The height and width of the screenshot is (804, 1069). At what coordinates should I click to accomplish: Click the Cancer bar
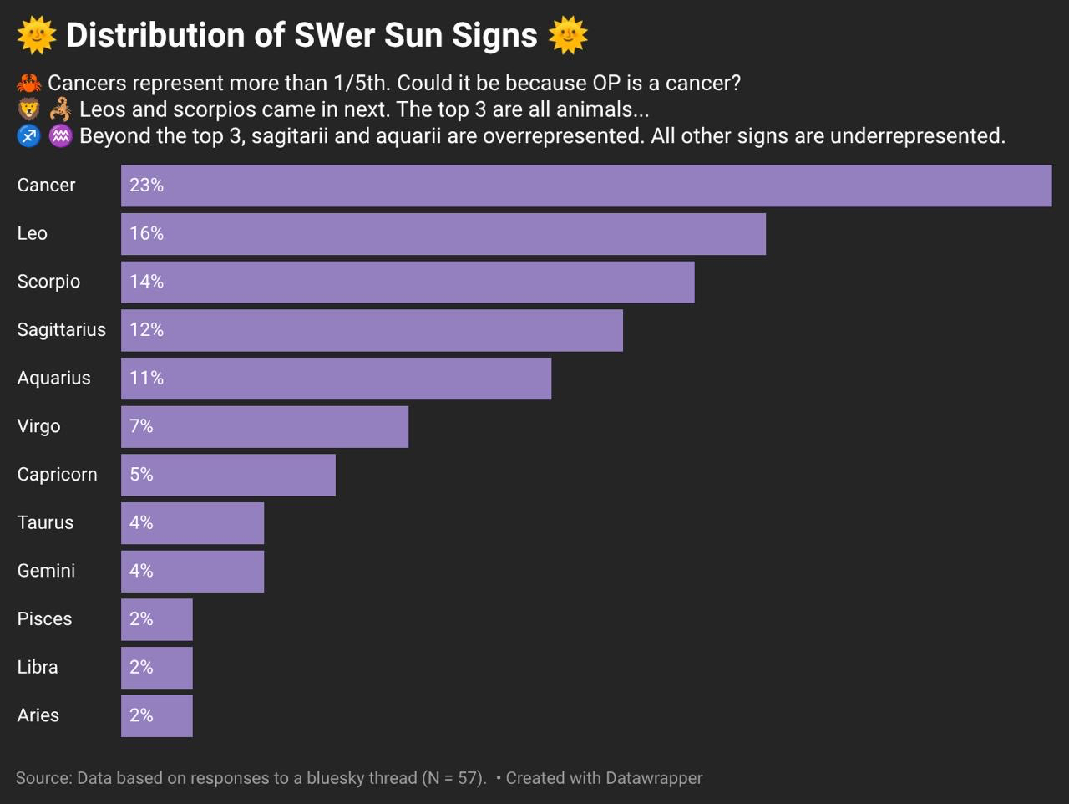pyautogui.click(x=585, y=186)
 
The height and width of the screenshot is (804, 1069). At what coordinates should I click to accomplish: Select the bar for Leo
pyautogui.click(x=443, y=234)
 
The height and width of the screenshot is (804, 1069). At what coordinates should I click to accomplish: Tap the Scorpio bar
pyautogui.click(x=408, y=282)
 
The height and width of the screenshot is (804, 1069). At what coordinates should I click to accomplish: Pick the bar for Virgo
pyautogui.click(x=265, y=427)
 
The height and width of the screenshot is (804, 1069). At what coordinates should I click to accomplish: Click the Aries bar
pyautogui.click(x=157, y=716)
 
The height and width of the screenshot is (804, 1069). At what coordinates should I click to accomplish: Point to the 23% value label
pyautogui.click(x=146, y=186)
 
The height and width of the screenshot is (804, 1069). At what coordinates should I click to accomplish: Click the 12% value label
pyautogui.click(x=146, y=330)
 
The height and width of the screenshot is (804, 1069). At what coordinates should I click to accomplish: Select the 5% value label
pyautogui.click(x=141, y=475)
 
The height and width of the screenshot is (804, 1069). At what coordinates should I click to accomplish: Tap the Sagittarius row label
pyautogui.click(x=62, y=330)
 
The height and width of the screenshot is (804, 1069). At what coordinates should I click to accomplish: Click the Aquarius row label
pyautogui.click(x=53, y=379)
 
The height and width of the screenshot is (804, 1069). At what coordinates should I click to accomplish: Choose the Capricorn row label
pyautogui.click(x=57, y=475)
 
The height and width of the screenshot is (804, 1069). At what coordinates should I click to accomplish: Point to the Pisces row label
pyautogui.click(x=44, y=619)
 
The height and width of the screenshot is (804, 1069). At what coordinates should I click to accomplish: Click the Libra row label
pyautogui.click(x=38, y=668)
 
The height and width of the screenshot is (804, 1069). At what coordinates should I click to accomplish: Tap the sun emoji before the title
pyautogui.click(x=36, y=35)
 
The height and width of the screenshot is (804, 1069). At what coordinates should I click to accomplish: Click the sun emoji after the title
pyautogui.click(x=569, y=35)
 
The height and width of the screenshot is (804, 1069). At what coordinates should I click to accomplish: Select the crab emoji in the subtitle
pyautogui.click(x=28, y=84)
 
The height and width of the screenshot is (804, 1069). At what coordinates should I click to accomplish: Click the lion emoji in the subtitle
pyautogui.click(x=28, y=109)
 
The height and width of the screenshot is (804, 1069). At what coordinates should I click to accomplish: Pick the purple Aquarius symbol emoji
pyautogui.click(x=60, y=136)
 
